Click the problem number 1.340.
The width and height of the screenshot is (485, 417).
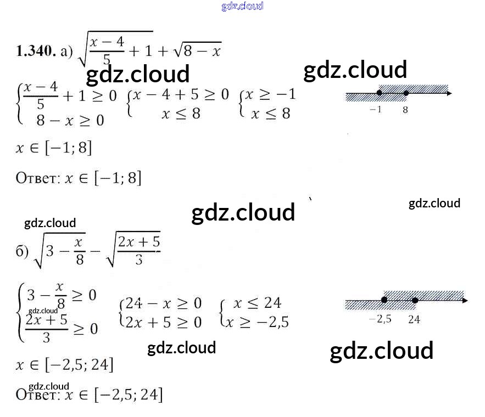coord(36,52)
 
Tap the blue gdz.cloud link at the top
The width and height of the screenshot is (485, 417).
coord(242,6)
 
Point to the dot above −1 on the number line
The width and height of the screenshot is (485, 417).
coord(380,93)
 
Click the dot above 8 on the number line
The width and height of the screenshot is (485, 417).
coord(405,93)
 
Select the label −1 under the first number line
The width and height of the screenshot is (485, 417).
coord(376,110)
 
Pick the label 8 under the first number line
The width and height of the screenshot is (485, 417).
coord(405,110)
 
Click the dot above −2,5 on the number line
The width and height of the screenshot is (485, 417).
coord(384,300)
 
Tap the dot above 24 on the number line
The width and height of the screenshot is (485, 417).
coord(415,300)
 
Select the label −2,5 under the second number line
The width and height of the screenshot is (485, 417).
coord(380,319)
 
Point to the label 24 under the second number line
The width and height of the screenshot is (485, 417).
coord(414,319)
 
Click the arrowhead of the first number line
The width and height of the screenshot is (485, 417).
coord(449,94)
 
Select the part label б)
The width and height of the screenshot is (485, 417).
coord(22,252)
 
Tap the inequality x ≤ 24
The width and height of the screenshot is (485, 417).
coord(257,303)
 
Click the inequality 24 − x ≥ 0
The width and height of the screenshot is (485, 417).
coord(163,303)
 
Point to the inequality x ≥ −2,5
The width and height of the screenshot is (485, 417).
coord(257,322)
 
